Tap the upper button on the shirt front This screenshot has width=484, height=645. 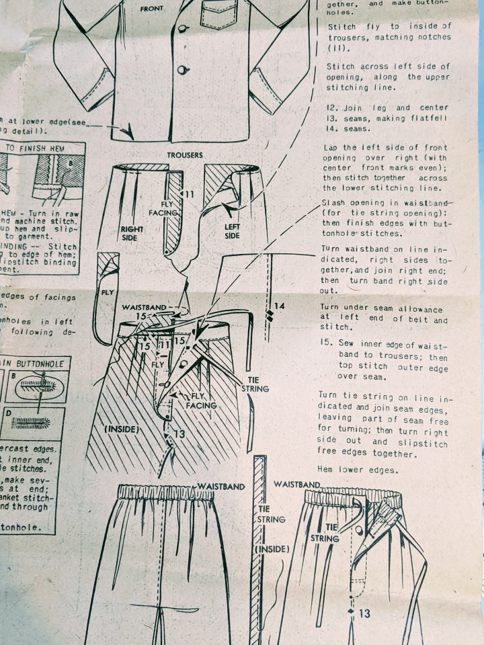pyautogui.click(x=182, y=30)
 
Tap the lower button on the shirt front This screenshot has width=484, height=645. pyautogui.click(x=182, y=70)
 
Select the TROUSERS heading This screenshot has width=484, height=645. pyautogui.click(x=185, y=155)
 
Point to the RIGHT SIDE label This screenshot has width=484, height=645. pyautogui.click(x=132, y=233)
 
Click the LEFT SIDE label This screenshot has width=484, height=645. pyautogui.click(x=233, y=232)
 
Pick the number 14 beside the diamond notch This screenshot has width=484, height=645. pyautogui.click(x=280, y=306)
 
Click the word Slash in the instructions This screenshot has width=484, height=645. pyautogui.click(x=334, y=202)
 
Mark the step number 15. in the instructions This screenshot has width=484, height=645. pyautogui.click(x=327, y=343)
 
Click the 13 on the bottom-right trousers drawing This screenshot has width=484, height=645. pyautogui.click(x=364, y=613)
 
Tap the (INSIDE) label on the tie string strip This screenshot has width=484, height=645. pyautogui.click(x=272, y=549)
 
